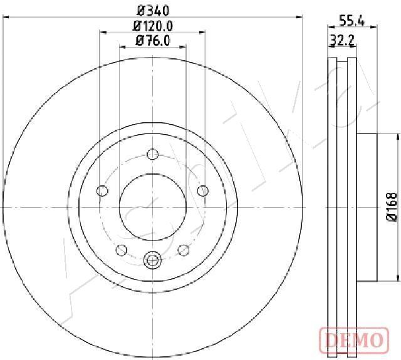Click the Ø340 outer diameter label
point(153,11)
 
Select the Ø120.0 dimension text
point(153,26)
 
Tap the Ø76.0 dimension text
point(153,40)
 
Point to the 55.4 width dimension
point(352,21)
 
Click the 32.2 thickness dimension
point(342,40)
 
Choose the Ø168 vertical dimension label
point(392,207)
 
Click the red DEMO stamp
point(354,340)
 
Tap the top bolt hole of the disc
point(153,154)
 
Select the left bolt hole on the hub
point(103,191)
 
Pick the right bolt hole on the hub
point(203,191)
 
